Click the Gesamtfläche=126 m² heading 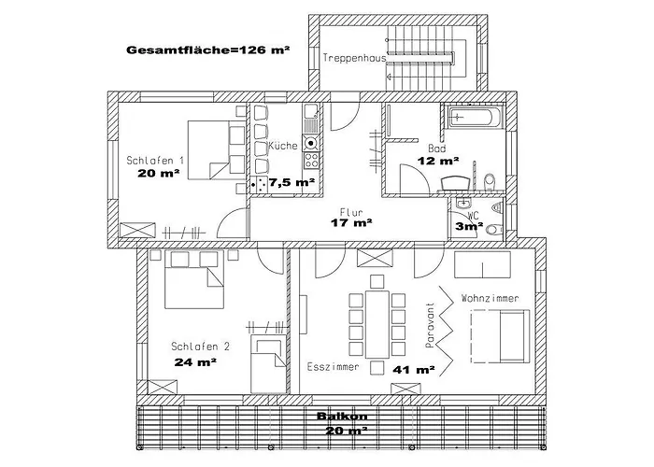point(206,50)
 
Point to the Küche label point(283,147)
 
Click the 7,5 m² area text point(291,183)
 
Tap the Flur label point(350,211)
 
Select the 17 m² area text point(351,223)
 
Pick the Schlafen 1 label point(155,161)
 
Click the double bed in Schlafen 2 point(192,284)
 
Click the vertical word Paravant point(431,325)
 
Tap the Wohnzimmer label point(490,297)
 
